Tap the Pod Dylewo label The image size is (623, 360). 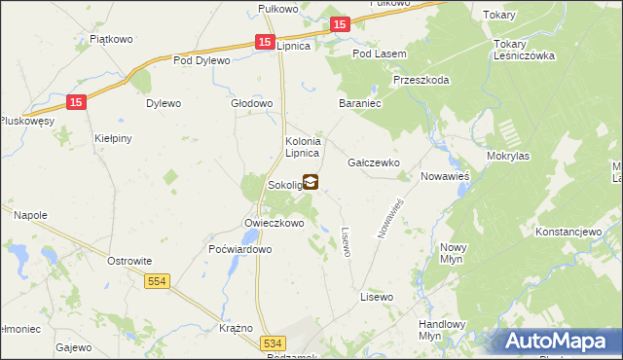pyautogui.click(x=202, y=60)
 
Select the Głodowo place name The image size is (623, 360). pyautogui.click(x=250, y=102)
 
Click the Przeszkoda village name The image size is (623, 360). pyautogui.click(x=421, y=81)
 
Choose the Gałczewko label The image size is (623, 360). pyautogui.click(x=374, y=162)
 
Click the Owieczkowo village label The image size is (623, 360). pyautogui.click(x=275, y=223)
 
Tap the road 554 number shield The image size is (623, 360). pyautogui.click(x=157, y=281)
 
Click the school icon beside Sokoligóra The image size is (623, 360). pyautogui.click(x=311, y=181)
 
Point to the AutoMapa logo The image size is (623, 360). pyautogui.click(x=562, y=341)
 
